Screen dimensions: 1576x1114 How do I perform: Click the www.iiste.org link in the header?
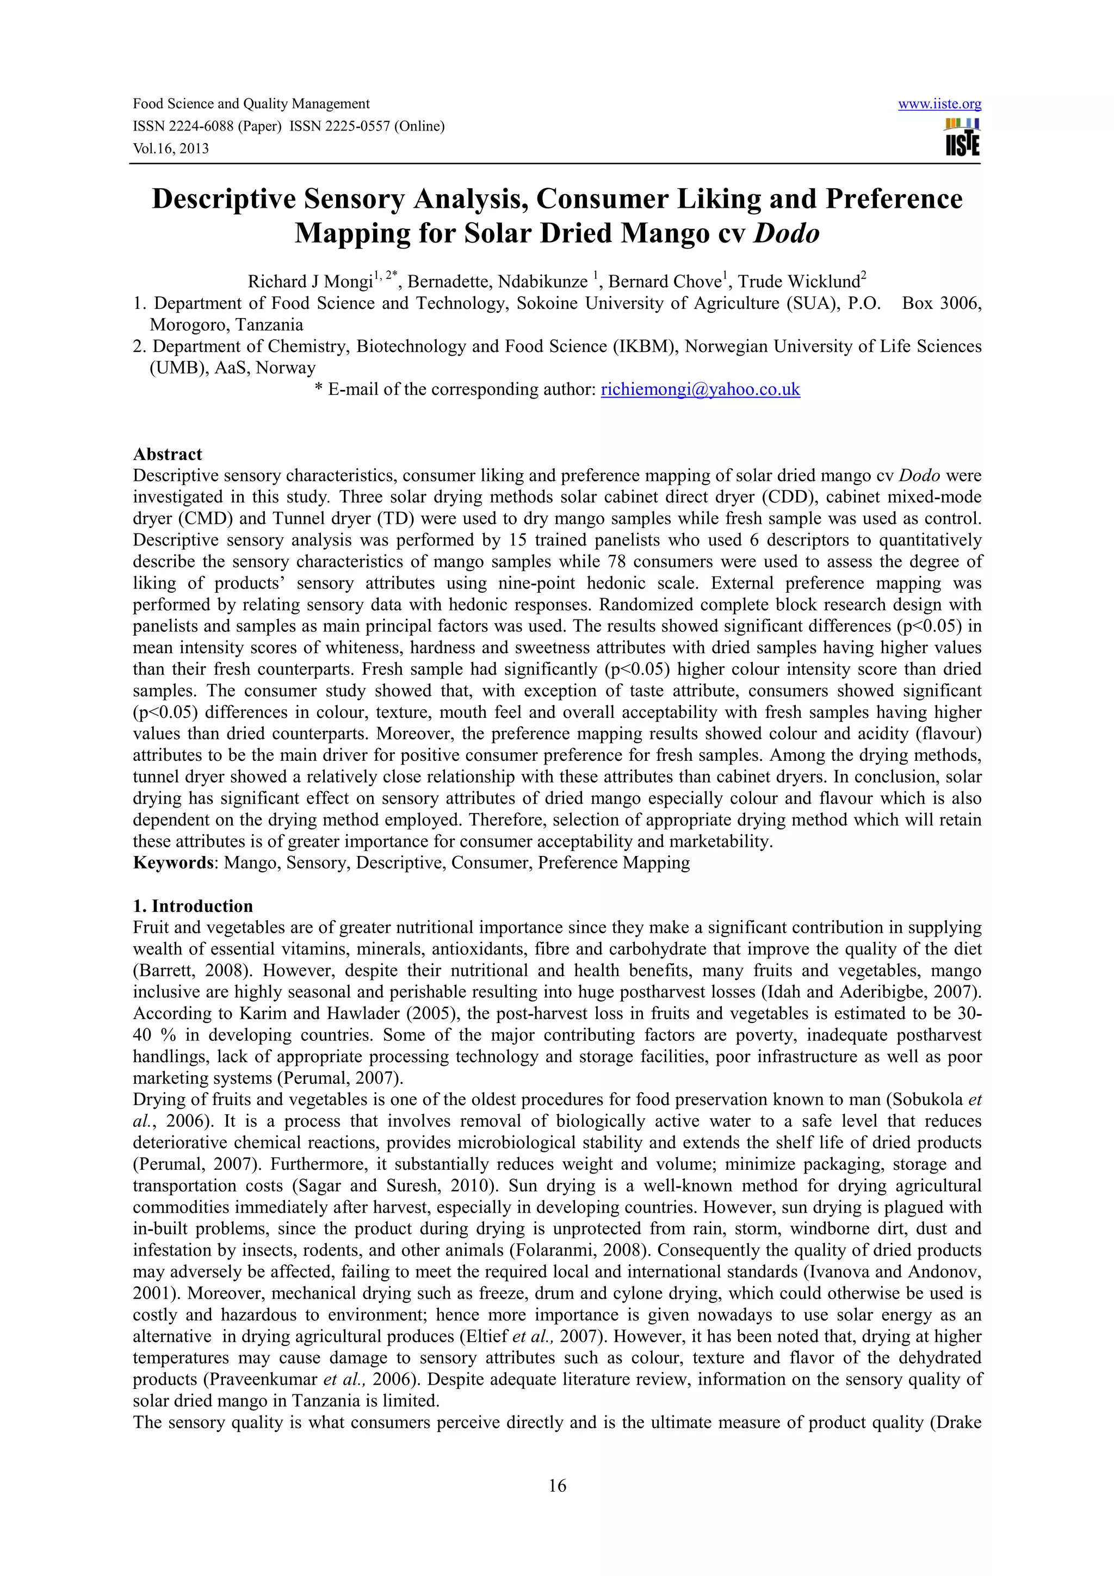939,104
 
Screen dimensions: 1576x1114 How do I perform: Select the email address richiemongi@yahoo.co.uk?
700,390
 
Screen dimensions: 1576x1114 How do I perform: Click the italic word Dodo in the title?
787,234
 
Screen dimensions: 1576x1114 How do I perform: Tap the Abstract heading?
168,455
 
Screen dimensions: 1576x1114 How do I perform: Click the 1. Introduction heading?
193,906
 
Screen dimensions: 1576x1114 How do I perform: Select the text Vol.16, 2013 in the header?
171,148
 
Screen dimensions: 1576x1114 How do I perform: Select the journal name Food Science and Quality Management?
251,104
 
